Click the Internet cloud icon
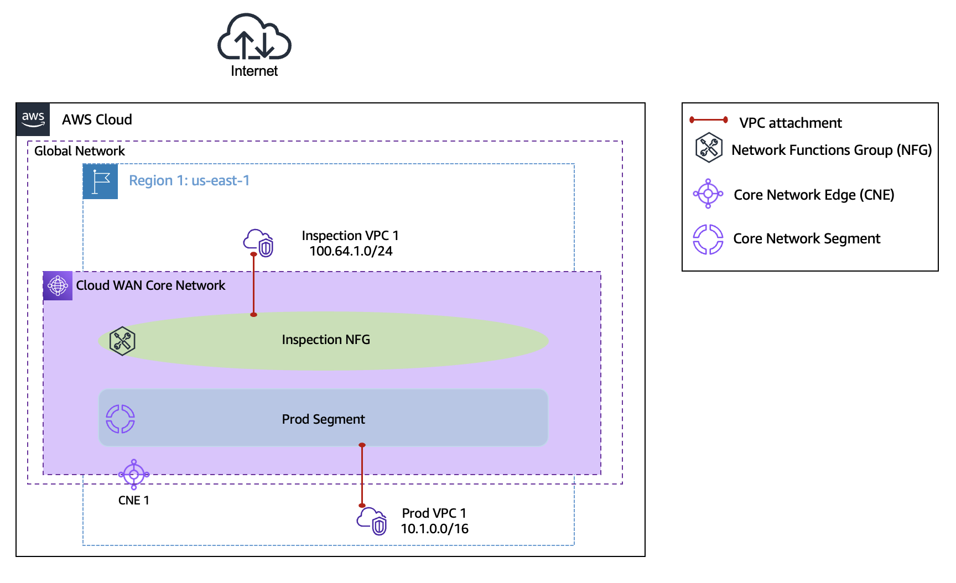(x=254, y=38)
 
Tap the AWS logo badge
(x=33, y=119)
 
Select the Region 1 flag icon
(x=100, y=181)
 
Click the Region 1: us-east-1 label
(x=189, y=181)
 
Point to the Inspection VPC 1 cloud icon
(x=259, y=243)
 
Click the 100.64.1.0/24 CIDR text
(x=351, y=251)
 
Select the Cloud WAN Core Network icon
(x=58, y=286)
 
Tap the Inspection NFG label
(x=326, y=340)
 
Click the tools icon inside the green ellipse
(x=122, y=341)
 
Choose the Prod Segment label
(x=323, y=419)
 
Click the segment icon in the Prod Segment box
(x=121, y=419)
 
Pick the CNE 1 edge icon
(x=134, y=474)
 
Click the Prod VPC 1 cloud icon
(x=372, y=521)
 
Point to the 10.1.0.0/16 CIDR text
(x=434, y=529)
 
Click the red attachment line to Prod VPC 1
(x=362, y=476)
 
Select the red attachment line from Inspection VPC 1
(x=254, y=285)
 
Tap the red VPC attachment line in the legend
(x=709, y=119)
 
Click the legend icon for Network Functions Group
(x=709, y=148)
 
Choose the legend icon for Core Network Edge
(x=708, y=194)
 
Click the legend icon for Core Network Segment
(x=708, y=239)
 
